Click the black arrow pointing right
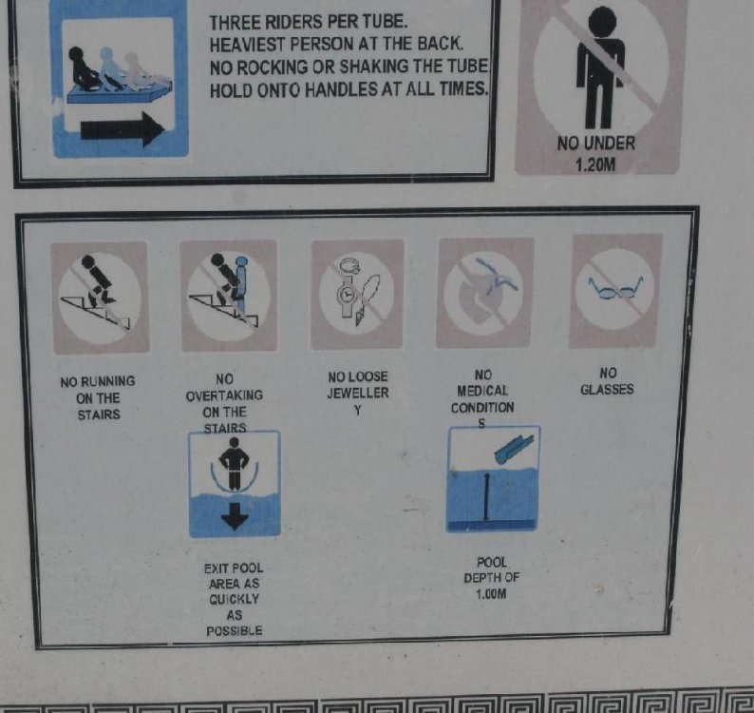[x=123, y=129]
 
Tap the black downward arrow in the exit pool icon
[x=235, y=516]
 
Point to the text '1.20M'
[x=595, y=165]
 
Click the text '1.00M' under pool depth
[x=491, y=594]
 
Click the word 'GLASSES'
[x=607, y=389]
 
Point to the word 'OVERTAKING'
[x=224, y=395]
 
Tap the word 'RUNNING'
[x=108, y=382]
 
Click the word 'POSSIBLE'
[x=235, y=630]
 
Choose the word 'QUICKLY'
[x=235, y=599]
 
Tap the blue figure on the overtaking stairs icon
[x=241, y=281]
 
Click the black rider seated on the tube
[x=84, y=67]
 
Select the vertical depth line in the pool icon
[x=486, y=496]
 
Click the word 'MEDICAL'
[x=482, y=391]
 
